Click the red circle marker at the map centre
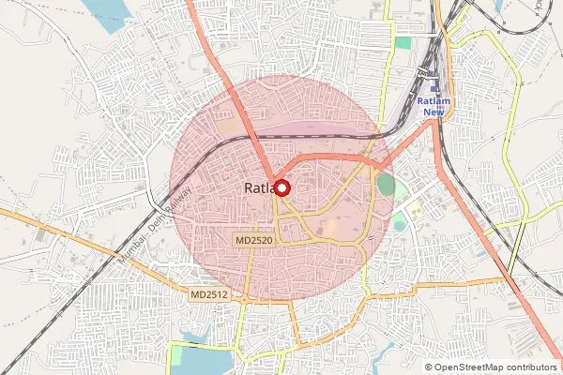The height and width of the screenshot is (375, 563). pyautogui.click(x=281, y=187)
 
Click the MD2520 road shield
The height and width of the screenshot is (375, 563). pyautogui.click(x=257, y=241)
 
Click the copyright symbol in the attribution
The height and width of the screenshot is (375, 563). pyautogui.click(x=429, y=368)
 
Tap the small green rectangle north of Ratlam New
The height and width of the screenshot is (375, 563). pyautogui.click(x=403, y=42)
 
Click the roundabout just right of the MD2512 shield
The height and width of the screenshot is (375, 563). pyautogui.click(x=238, y=298)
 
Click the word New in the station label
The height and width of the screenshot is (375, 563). pyautogui.click(x=433, y=112)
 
